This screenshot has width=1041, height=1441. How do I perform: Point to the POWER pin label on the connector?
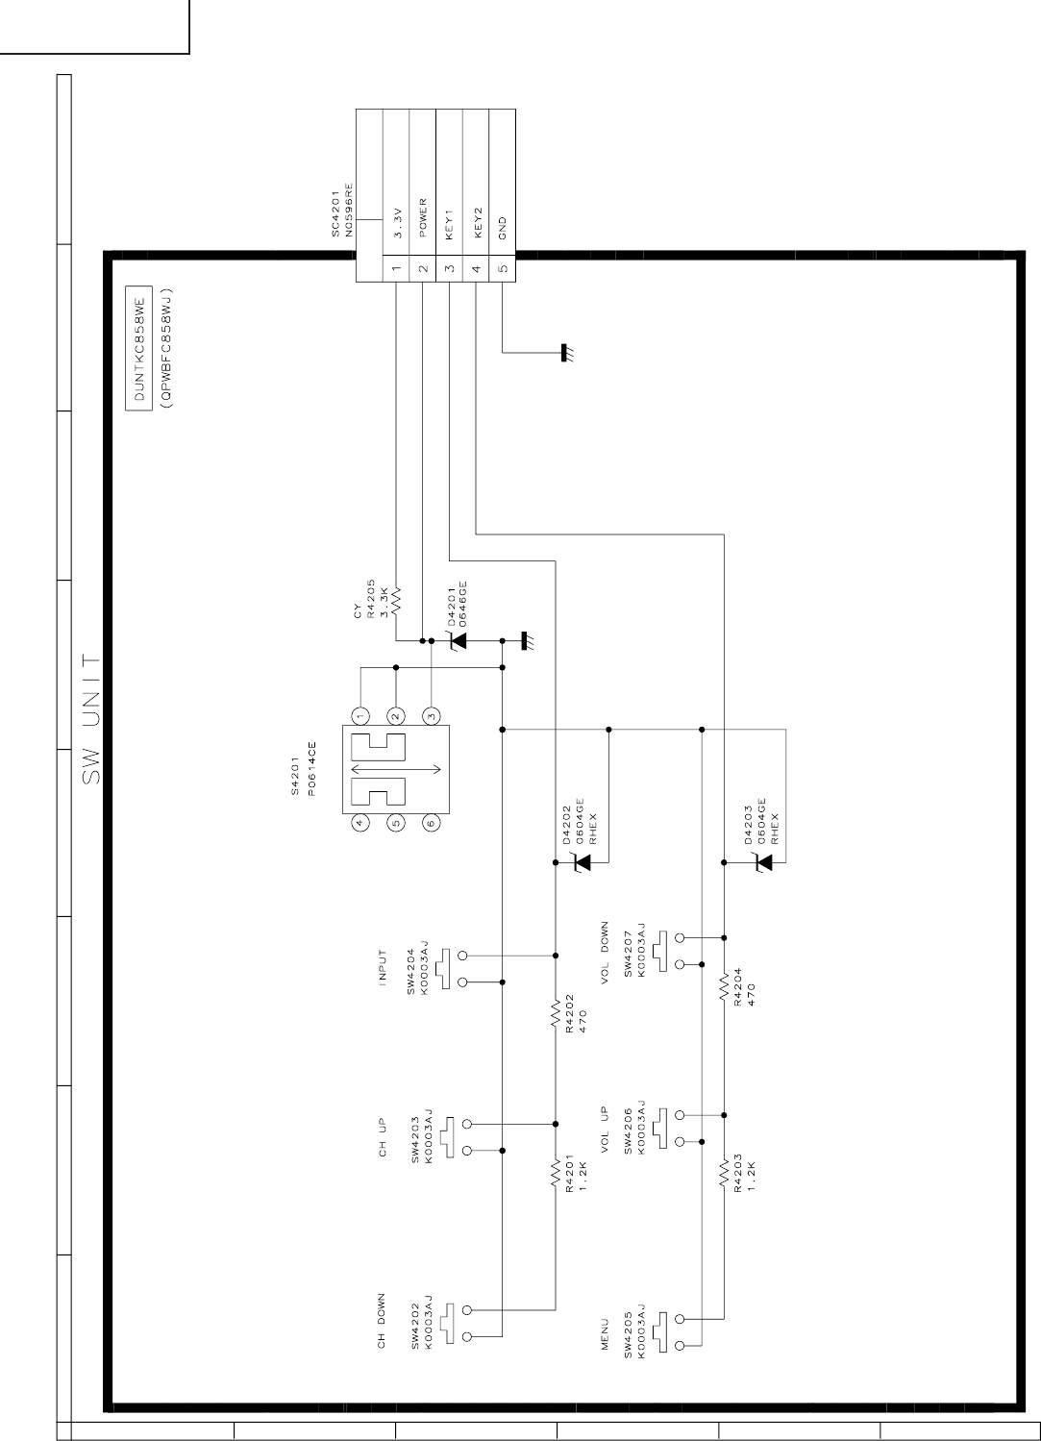coord(423,218)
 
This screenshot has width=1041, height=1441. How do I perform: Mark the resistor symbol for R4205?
coord(396,597)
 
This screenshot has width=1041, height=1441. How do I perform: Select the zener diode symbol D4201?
coord(459,639)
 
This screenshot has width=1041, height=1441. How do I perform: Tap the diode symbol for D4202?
coord(581,863)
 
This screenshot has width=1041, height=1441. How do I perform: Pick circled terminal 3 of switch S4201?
coord(432,716)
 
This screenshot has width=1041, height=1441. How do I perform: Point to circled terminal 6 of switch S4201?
coord(432,822)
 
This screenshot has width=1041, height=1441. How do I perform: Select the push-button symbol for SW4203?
coord(448,1137)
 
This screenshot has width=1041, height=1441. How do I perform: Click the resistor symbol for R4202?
coord(555,1014)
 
